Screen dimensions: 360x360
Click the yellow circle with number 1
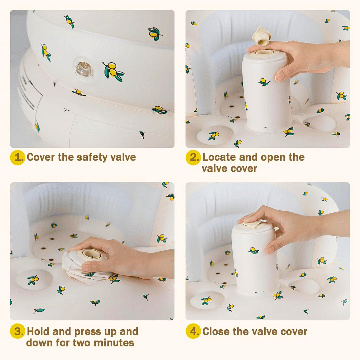[17, 157]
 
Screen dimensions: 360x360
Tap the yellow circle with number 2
[193, 157]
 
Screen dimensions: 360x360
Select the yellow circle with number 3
[17, 332]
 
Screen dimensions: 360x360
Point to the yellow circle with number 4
[193, 332]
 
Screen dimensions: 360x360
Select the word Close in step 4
[217, 332]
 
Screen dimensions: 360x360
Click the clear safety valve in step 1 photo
[82, 69]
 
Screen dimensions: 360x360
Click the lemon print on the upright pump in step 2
[264, 81]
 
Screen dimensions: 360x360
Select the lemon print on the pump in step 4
[254, 250]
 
